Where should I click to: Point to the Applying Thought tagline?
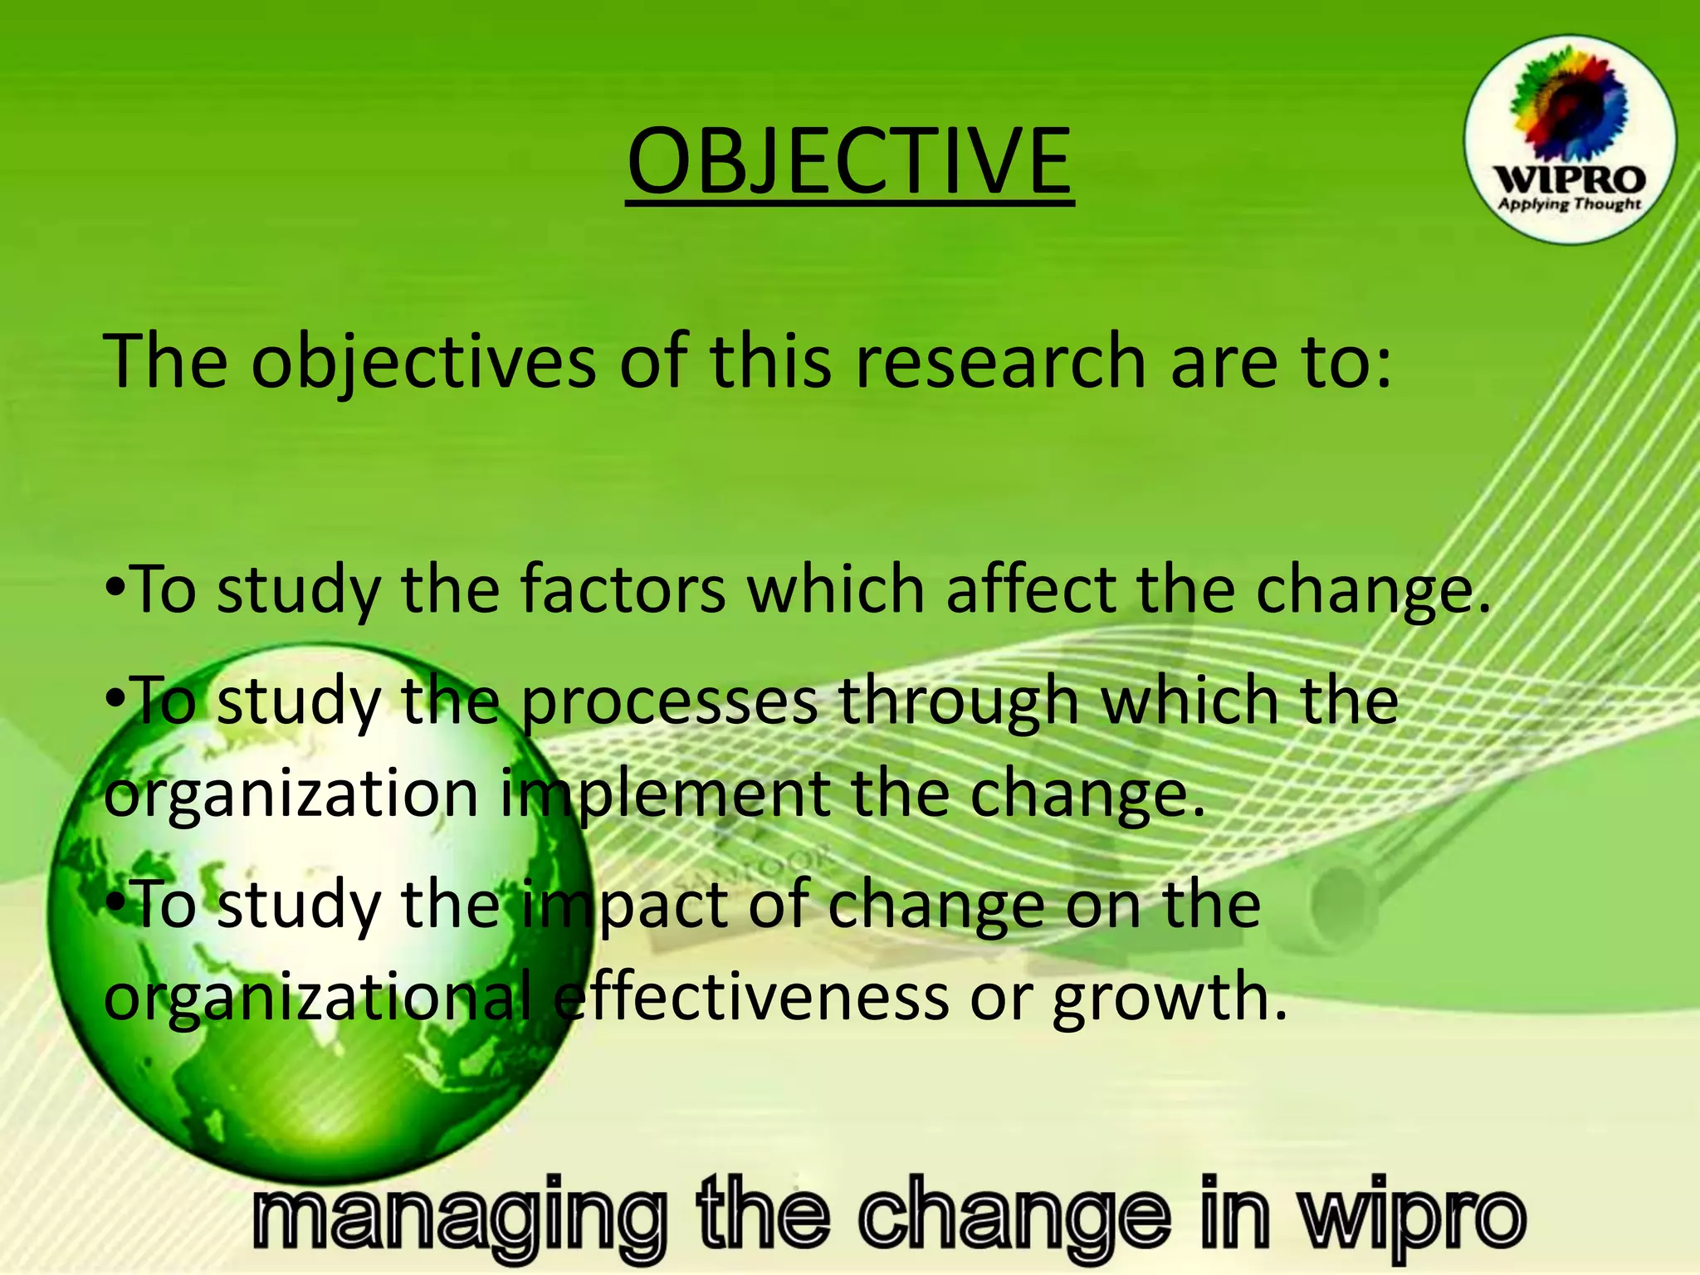[x=1569, y=204]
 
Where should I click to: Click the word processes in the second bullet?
[x=669, y=702]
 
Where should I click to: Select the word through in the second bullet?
[x=959, y=702]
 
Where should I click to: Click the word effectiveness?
[x=750, y=996]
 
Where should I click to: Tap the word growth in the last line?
[x=1170, y=996]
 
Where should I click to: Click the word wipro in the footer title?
[x=1412, y=1217]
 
